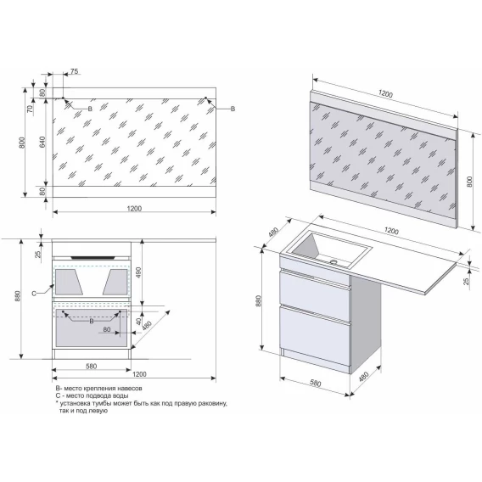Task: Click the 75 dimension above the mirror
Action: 75,71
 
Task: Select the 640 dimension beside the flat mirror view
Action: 42,142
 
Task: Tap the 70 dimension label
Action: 30,109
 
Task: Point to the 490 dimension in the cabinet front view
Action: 138,272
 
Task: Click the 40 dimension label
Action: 138,322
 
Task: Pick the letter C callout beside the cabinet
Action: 34,294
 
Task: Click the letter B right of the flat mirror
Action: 233,109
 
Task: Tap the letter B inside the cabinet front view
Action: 92,322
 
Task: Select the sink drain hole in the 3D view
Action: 333,262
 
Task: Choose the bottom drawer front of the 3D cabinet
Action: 315,336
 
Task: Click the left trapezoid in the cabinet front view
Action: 69,282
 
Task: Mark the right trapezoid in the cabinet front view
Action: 115,282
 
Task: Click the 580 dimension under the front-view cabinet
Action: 92,366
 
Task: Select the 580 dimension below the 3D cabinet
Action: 315,383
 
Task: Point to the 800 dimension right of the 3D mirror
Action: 469,182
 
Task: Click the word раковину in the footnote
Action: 214,403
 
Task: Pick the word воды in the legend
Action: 121,395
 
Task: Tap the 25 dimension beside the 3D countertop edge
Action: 467,281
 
